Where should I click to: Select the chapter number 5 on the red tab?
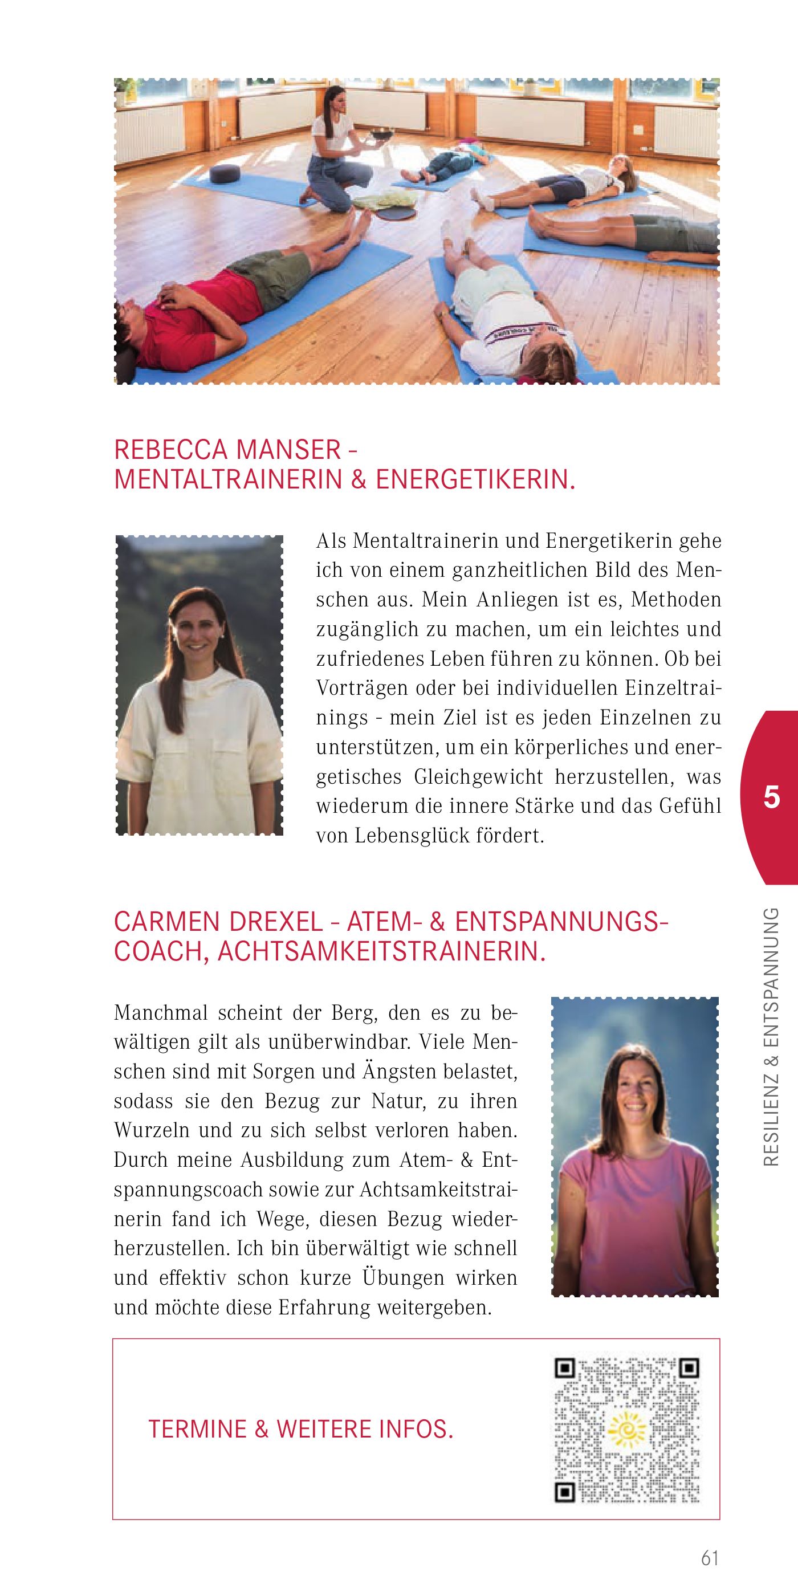[771, 797]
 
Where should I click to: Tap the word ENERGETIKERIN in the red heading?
[475, 480]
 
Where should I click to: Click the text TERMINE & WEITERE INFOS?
[300, 1430]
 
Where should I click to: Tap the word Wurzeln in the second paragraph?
[150, 1130]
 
